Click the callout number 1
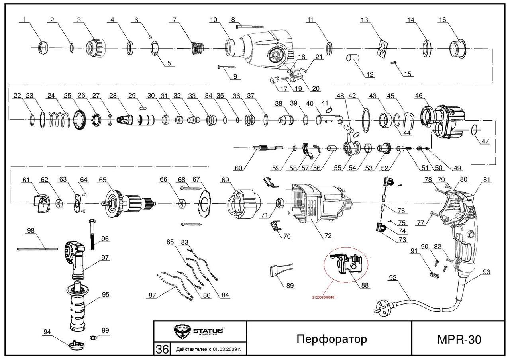click(24, 19)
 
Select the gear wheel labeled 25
click(80, 119)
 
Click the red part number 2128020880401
click(324, 297)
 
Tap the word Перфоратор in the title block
click(331, 339)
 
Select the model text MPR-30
click(459, 339)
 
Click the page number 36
click(162, 349)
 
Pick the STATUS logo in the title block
click(199, 331)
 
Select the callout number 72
click(328, 236)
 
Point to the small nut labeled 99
click(90, 338)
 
